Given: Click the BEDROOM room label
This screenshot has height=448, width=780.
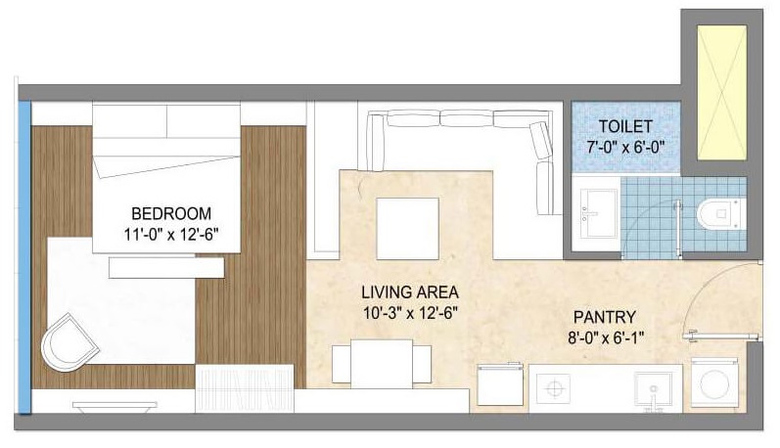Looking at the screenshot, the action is (171, 214).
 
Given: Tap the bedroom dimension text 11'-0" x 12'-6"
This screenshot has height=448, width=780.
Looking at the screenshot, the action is (171, 234).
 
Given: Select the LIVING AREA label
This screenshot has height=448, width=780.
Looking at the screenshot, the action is (410, 292).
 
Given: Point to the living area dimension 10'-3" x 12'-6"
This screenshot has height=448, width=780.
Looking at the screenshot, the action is (410, 313).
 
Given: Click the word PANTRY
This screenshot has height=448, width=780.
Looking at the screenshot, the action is (605, 317).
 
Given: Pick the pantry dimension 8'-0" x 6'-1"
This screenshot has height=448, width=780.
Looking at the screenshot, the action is (606, 338).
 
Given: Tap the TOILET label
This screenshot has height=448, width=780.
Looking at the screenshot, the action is (625, 127).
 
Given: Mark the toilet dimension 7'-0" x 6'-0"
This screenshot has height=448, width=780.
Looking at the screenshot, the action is (625, 148).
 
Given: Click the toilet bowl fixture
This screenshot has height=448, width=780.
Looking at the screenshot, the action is (721, 214).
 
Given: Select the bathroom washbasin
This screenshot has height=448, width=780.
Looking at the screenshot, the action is (595, 213).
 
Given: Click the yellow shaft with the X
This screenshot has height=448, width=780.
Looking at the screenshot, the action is (722, 93).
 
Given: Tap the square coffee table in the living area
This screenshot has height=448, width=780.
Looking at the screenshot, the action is (407, 228).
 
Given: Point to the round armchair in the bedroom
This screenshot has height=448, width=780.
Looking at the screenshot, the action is (69, 342).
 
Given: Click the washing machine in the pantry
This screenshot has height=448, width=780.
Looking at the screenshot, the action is (714, 381).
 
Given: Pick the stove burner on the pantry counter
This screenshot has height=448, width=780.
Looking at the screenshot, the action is (554, 388).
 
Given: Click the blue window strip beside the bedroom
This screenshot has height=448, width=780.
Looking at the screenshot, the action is (24, 257).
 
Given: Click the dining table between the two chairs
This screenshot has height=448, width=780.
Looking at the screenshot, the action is (382, 364).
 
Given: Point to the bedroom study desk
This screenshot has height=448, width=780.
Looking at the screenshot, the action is (166, 267).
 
